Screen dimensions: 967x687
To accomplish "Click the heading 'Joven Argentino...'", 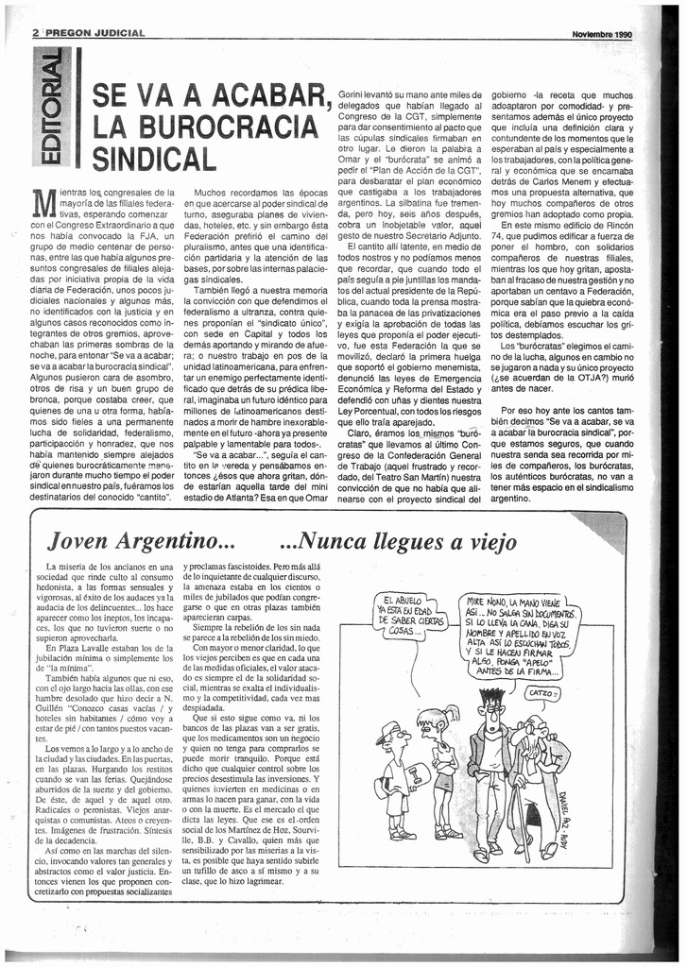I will click(x=141, y=542).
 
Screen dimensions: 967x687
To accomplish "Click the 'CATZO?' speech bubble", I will click(x=542, y=694).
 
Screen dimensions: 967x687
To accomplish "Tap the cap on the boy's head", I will click(x=388, y=731).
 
